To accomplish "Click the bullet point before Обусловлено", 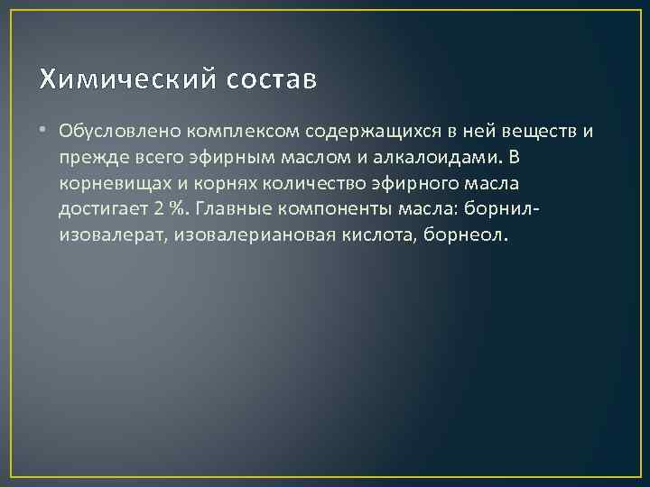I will [x=45, y=132].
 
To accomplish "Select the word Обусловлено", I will [x=107, y=132].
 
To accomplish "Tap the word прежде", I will [x=88, y=158].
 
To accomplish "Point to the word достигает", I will [x=101, y=210].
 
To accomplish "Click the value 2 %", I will [x=165, y=210].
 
